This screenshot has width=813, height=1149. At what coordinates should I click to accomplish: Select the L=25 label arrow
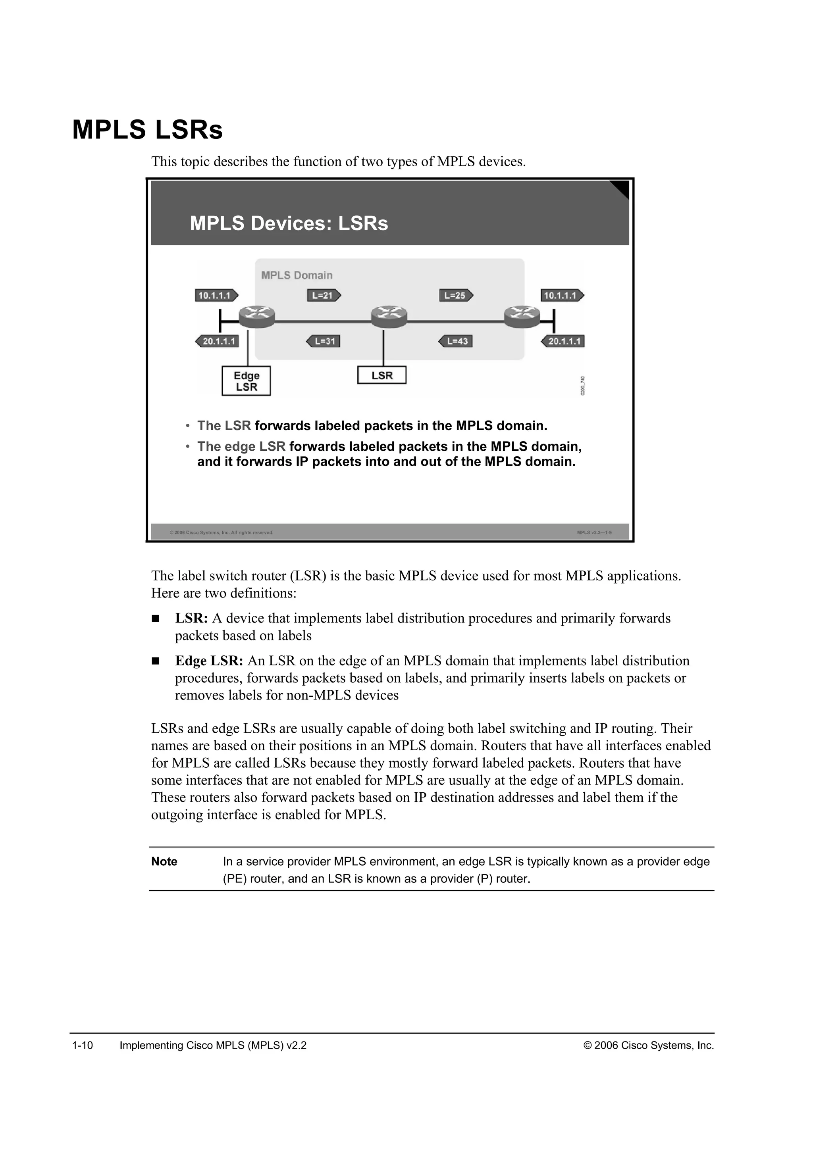[456, 295]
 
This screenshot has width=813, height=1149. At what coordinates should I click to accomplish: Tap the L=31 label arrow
[324, 341]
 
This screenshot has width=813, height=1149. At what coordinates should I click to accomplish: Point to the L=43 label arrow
[456, 341]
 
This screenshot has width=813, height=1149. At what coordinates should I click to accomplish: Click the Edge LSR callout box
[246, 381]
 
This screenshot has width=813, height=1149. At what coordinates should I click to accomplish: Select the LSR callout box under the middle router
[381, 375]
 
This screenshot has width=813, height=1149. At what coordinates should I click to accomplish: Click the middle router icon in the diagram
[389, 316]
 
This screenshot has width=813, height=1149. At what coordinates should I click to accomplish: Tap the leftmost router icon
[257, 316]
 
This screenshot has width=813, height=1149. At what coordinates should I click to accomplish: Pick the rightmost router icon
[522, 316]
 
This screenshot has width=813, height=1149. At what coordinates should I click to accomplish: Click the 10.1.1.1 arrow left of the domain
[216, 295]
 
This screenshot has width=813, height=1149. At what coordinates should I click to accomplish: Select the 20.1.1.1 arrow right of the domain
[563, 341]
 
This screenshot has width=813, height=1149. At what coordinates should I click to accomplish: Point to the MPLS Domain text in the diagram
[297, 275]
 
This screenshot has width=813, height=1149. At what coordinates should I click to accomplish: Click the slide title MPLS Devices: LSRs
[289, 223]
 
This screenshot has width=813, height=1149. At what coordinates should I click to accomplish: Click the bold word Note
[164, 861]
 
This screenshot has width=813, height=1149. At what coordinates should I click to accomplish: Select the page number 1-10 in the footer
[83, 1045]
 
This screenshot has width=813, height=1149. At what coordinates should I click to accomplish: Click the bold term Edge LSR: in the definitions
[209, 661]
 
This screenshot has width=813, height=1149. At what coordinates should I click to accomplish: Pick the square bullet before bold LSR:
[155, 619]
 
